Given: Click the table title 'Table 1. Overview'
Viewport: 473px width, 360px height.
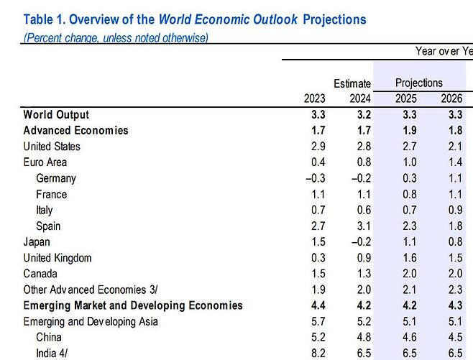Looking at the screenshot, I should point(194,19).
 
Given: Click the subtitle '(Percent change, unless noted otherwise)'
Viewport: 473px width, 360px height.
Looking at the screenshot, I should point(116,37).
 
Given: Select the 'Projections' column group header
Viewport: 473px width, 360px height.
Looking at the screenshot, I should point(419,83).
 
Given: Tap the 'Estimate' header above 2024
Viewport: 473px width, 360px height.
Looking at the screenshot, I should point(352,84).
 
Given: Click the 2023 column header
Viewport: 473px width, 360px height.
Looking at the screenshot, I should point(314,99).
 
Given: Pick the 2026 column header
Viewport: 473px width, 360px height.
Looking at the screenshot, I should point(451,99).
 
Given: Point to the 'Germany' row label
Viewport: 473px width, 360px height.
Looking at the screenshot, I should point(55,178).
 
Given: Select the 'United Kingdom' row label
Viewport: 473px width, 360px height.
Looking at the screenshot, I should point(58,258).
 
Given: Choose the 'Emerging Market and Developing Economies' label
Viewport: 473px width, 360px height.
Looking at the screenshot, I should point(133,305).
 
